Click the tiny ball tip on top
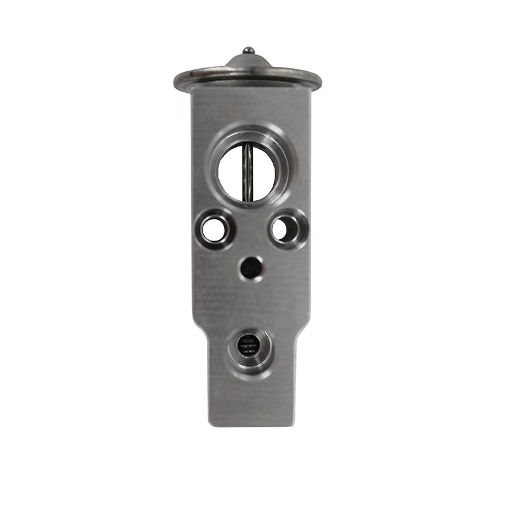click(x=248, y=50)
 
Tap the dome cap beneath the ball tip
click(x=248, y=62)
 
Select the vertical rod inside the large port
click(x=248, y=169)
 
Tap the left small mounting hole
click(x=213, y=229)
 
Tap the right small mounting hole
click(x=283, y=228)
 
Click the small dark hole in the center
click(x=251, y=268)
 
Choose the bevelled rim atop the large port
click(x=248, y=134)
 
